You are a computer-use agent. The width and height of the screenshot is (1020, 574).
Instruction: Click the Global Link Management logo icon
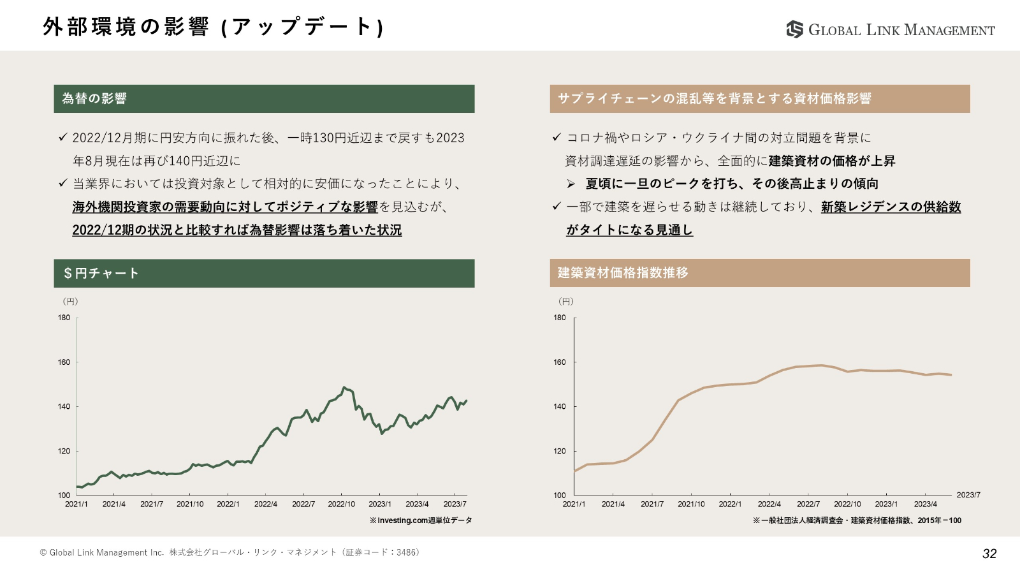tap(794, 29)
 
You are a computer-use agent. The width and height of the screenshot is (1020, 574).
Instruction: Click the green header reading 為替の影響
tap(264, 99)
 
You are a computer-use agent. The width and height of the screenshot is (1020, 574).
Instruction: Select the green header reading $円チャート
tap(264, 273)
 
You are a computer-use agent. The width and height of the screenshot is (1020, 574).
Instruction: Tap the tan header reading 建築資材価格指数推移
tap(759, 273)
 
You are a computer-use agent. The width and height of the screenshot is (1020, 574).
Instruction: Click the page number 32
tap(989, 554)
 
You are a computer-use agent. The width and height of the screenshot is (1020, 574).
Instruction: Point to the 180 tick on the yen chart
tap(64, 318)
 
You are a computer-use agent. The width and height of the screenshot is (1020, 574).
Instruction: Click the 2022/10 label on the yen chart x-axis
tap(341, 504)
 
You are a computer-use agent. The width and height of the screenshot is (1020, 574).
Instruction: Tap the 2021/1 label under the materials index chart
tap(574, 504)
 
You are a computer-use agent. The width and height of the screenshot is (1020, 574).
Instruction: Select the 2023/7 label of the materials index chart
tap(968, 495)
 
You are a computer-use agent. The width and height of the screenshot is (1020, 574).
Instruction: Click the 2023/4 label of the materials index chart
tap(925, 504)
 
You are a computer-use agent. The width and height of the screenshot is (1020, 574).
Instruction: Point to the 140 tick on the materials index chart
tap(560, 406)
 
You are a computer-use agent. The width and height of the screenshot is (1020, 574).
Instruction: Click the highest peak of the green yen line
tap(344, 387)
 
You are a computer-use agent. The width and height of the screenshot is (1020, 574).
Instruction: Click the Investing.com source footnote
tap(421, 520)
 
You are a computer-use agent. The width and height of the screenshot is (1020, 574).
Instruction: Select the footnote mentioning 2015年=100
tap(857, 520)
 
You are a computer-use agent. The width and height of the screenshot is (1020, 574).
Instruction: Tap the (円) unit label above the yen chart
tap(70, 301)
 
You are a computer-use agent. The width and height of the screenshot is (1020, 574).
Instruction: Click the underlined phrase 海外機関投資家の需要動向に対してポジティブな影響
tap(225, 207)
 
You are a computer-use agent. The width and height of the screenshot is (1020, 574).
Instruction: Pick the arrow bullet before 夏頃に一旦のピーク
tap(571, 184)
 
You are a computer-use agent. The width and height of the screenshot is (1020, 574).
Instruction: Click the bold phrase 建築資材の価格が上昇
tap(832, 161)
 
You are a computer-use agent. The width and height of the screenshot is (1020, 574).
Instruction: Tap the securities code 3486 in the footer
tap(407, 552)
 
